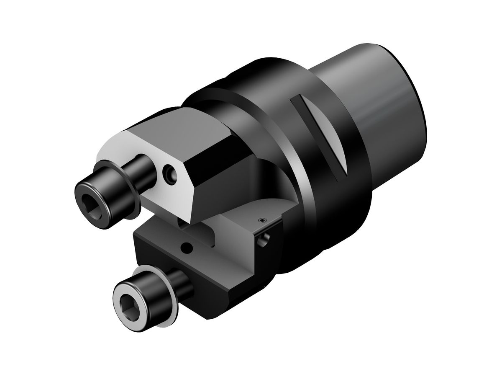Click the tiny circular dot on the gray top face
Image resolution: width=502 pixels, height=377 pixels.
coord(262,220)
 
